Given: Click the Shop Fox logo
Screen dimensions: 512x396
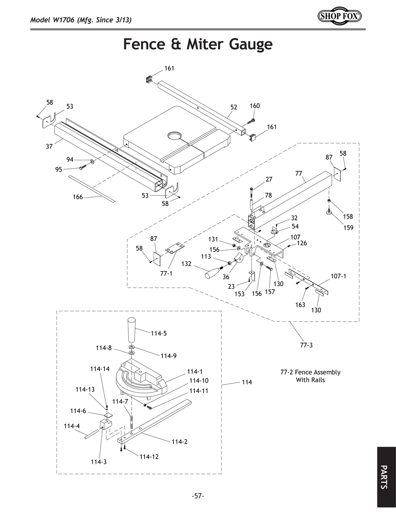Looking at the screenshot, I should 339,16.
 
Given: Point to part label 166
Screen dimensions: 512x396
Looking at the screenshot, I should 78,197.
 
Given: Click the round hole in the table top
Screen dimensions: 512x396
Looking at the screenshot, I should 174,136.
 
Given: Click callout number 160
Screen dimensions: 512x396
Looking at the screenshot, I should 255,106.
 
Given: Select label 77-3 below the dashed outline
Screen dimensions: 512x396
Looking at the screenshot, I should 306,345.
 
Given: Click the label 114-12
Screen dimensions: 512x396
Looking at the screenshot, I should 149,457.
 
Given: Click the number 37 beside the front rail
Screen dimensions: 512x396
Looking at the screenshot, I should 49,146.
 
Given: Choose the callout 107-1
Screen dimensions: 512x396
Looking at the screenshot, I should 338,276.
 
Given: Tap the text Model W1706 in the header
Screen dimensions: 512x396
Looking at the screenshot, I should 54,20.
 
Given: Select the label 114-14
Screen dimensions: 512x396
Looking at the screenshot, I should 100,369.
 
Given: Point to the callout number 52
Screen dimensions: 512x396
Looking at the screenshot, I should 234,107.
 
